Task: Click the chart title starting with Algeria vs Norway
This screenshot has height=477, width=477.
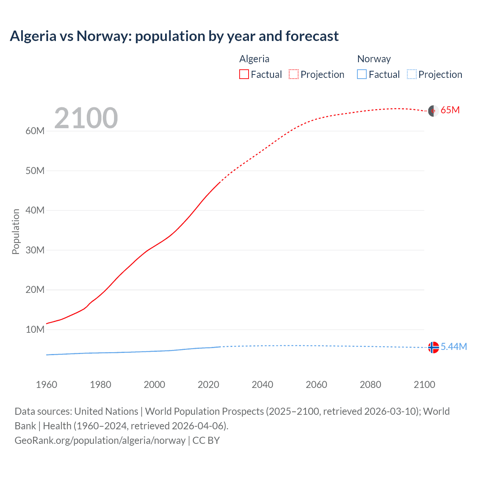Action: (174, 36)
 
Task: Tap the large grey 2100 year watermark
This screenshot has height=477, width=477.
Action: (86, 118)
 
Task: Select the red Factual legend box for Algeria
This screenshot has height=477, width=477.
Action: (244, 74)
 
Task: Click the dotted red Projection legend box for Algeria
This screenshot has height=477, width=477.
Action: (294, 74)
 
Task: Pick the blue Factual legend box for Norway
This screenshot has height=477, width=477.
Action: (362, 74)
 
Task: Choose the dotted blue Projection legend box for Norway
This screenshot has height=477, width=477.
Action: (412, 74)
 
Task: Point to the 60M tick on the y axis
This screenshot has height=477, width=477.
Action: (35, 131)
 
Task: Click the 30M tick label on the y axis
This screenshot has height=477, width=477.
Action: (35, 250)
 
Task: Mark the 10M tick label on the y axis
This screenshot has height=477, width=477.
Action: (35, 329)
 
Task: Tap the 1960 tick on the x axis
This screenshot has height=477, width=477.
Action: (47, 385)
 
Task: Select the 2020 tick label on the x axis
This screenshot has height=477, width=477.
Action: (208, 385)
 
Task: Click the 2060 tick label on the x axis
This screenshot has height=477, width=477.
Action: (316, 385)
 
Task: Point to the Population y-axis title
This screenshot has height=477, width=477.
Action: (16, 231)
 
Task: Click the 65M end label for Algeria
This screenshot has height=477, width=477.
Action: (450, 110)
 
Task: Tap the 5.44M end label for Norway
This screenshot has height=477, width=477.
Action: (454, 347)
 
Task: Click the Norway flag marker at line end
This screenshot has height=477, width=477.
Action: (433, 347)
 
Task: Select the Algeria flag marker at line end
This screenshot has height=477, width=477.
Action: (433, 111)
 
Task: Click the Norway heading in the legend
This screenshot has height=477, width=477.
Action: (374, 59)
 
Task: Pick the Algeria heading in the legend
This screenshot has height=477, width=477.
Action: (254, 59)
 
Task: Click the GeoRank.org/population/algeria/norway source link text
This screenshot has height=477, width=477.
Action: (100, 440)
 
